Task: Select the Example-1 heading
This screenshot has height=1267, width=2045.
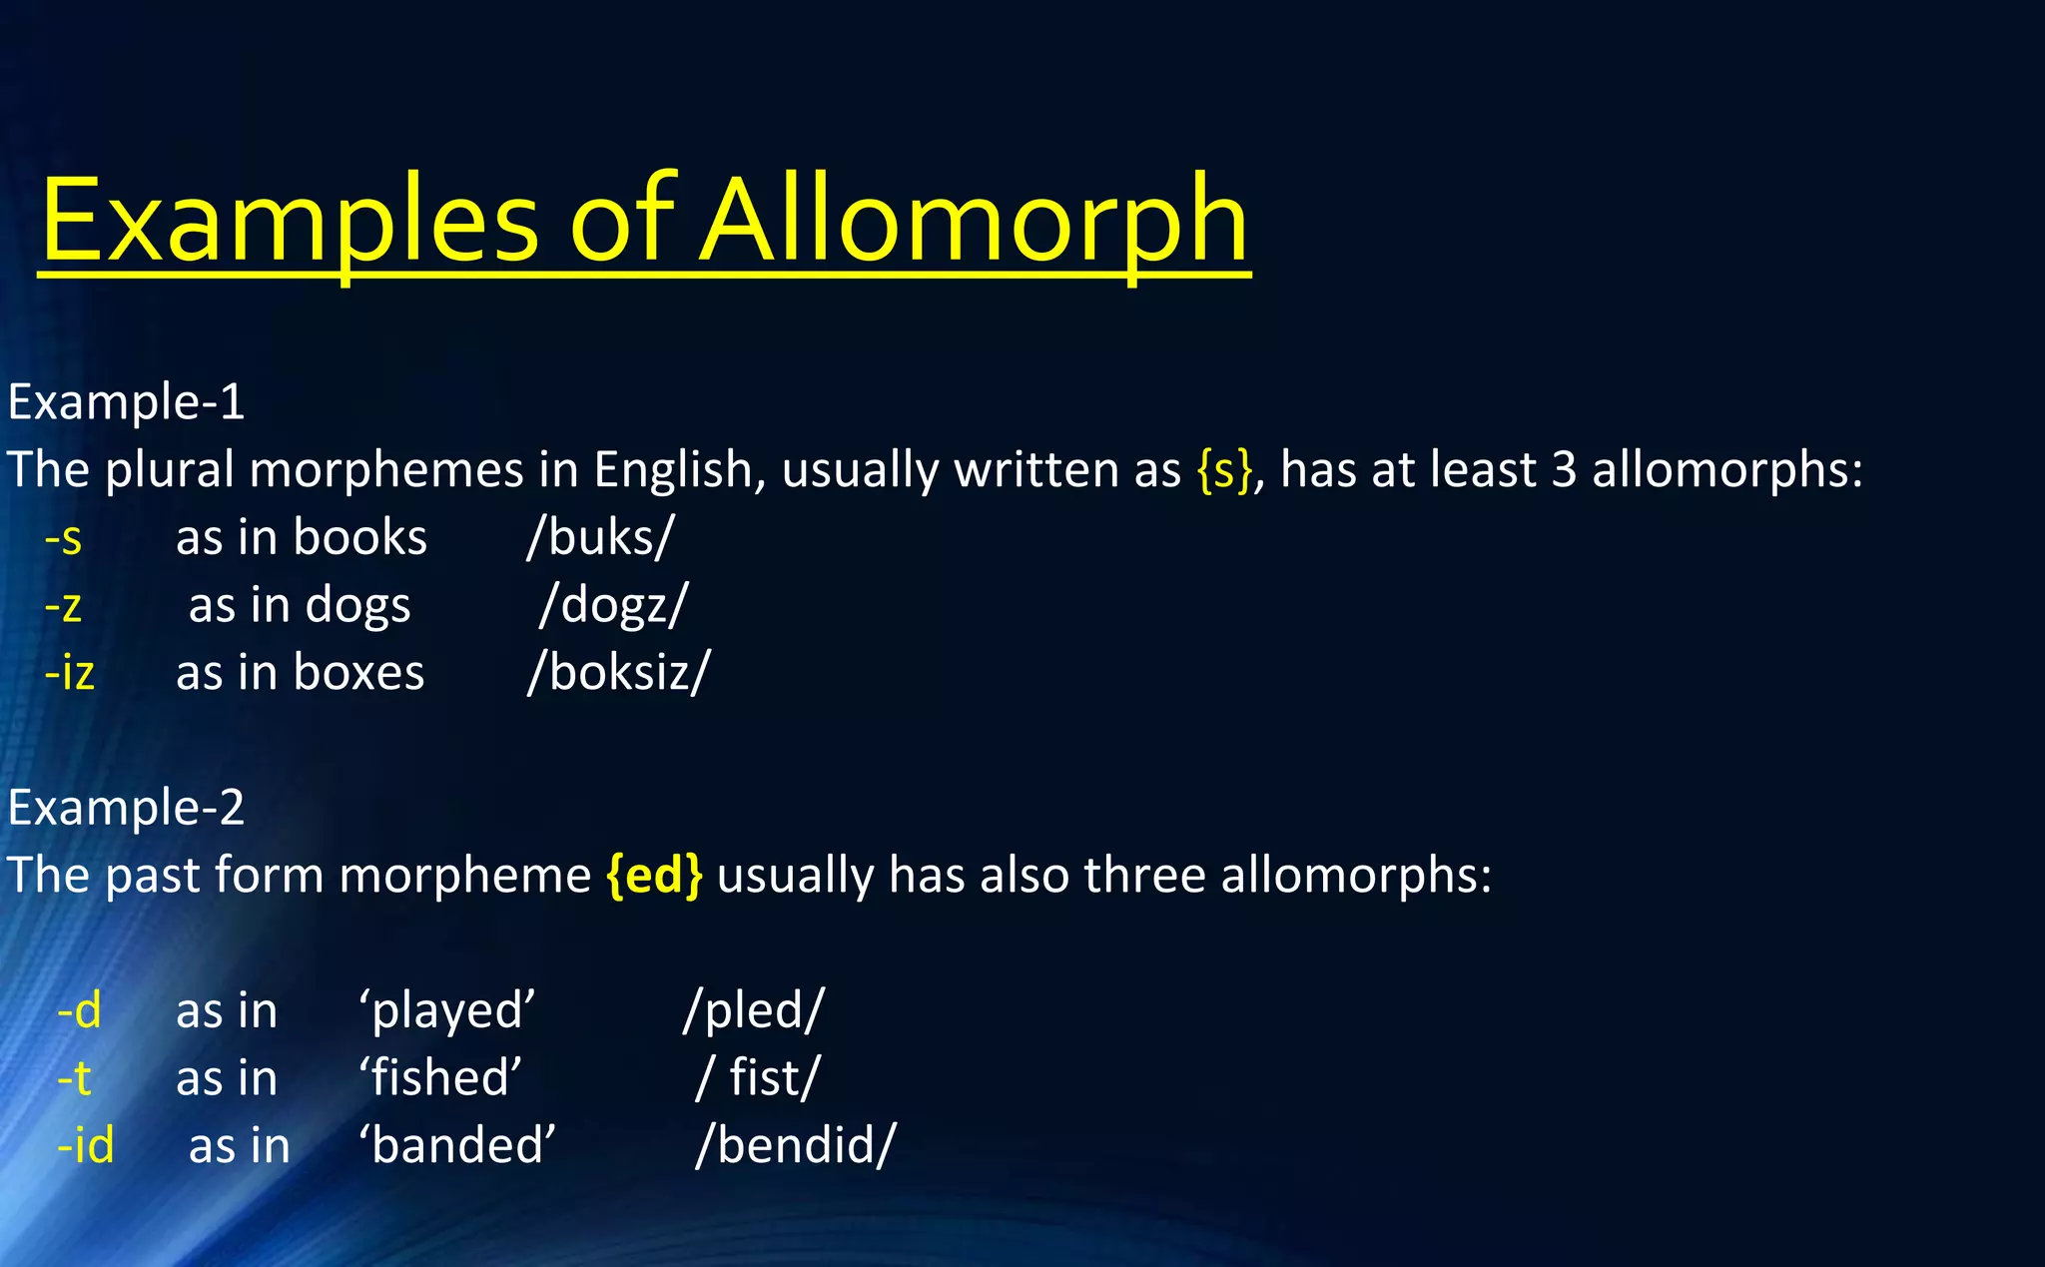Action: click(126, 402)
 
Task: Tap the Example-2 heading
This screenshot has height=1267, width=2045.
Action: click(126, 807)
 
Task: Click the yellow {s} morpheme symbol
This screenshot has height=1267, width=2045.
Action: click(1224, 469)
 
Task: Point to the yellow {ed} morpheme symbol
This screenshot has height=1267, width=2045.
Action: click(654, 876)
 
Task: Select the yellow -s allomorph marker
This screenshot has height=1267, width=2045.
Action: click(63, 538)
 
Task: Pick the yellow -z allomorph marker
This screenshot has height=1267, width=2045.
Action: click(63, 606)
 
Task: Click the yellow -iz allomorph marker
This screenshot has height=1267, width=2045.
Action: click(69, 672)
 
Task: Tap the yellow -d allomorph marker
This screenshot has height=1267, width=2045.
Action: click(79, 1010)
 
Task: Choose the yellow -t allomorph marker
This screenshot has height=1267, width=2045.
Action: click(74, 1078)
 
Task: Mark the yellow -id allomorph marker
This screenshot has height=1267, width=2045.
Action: click(85, 1145)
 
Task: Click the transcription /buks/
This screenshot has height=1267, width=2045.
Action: click(600, 538)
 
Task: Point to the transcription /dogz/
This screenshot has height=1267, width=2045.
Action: click(613, 606)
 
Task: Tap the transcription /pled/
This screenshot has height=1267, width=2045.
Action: click(754, 1010)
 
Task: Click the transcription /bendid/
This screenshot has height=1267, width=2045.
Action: click(796, 1145)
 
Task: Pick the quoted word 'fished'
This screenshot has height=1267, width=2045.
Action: click(440, 1078)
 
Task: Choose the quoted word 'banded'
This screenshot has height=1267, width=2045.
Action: click(457, 1145)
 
